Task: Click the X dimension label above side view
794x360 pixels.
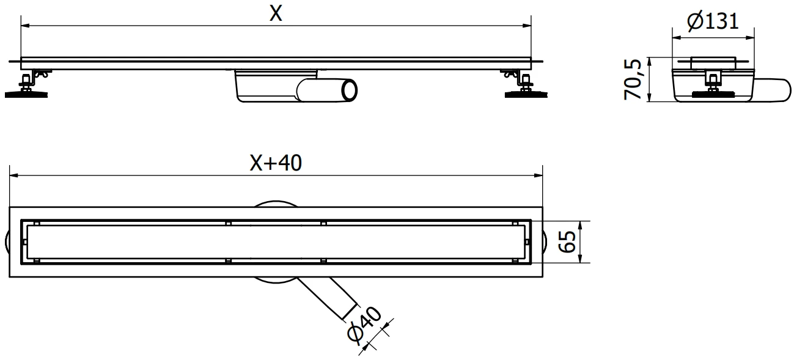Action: pyautogui.click(x=276, y=13)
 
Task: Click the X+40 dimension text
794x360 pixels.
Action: pyautogui.click(x=276, y=163)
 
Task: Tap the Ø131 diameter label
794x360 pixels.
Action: pyautogui.click(x=713, y=22)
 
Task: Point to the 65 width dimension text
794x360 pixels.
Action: pyautogui.click(x=568, y=242)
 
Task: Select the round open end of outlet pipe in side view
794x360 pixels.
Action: pyautogui.click(x=350, y=90)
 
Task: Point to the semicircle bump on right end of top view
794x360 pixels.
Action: pyautogui.click(x=546, y=242)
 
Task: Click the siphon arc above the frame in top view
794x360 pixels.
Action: pyautogui.click(x=275, y=204)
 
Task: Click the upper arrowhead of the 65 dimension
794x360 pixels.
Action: pyautogui.click(x=579, y=224)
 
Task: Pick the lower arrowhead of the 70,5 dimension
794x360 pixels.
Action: pyautogui.click(x=650, y=98)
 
